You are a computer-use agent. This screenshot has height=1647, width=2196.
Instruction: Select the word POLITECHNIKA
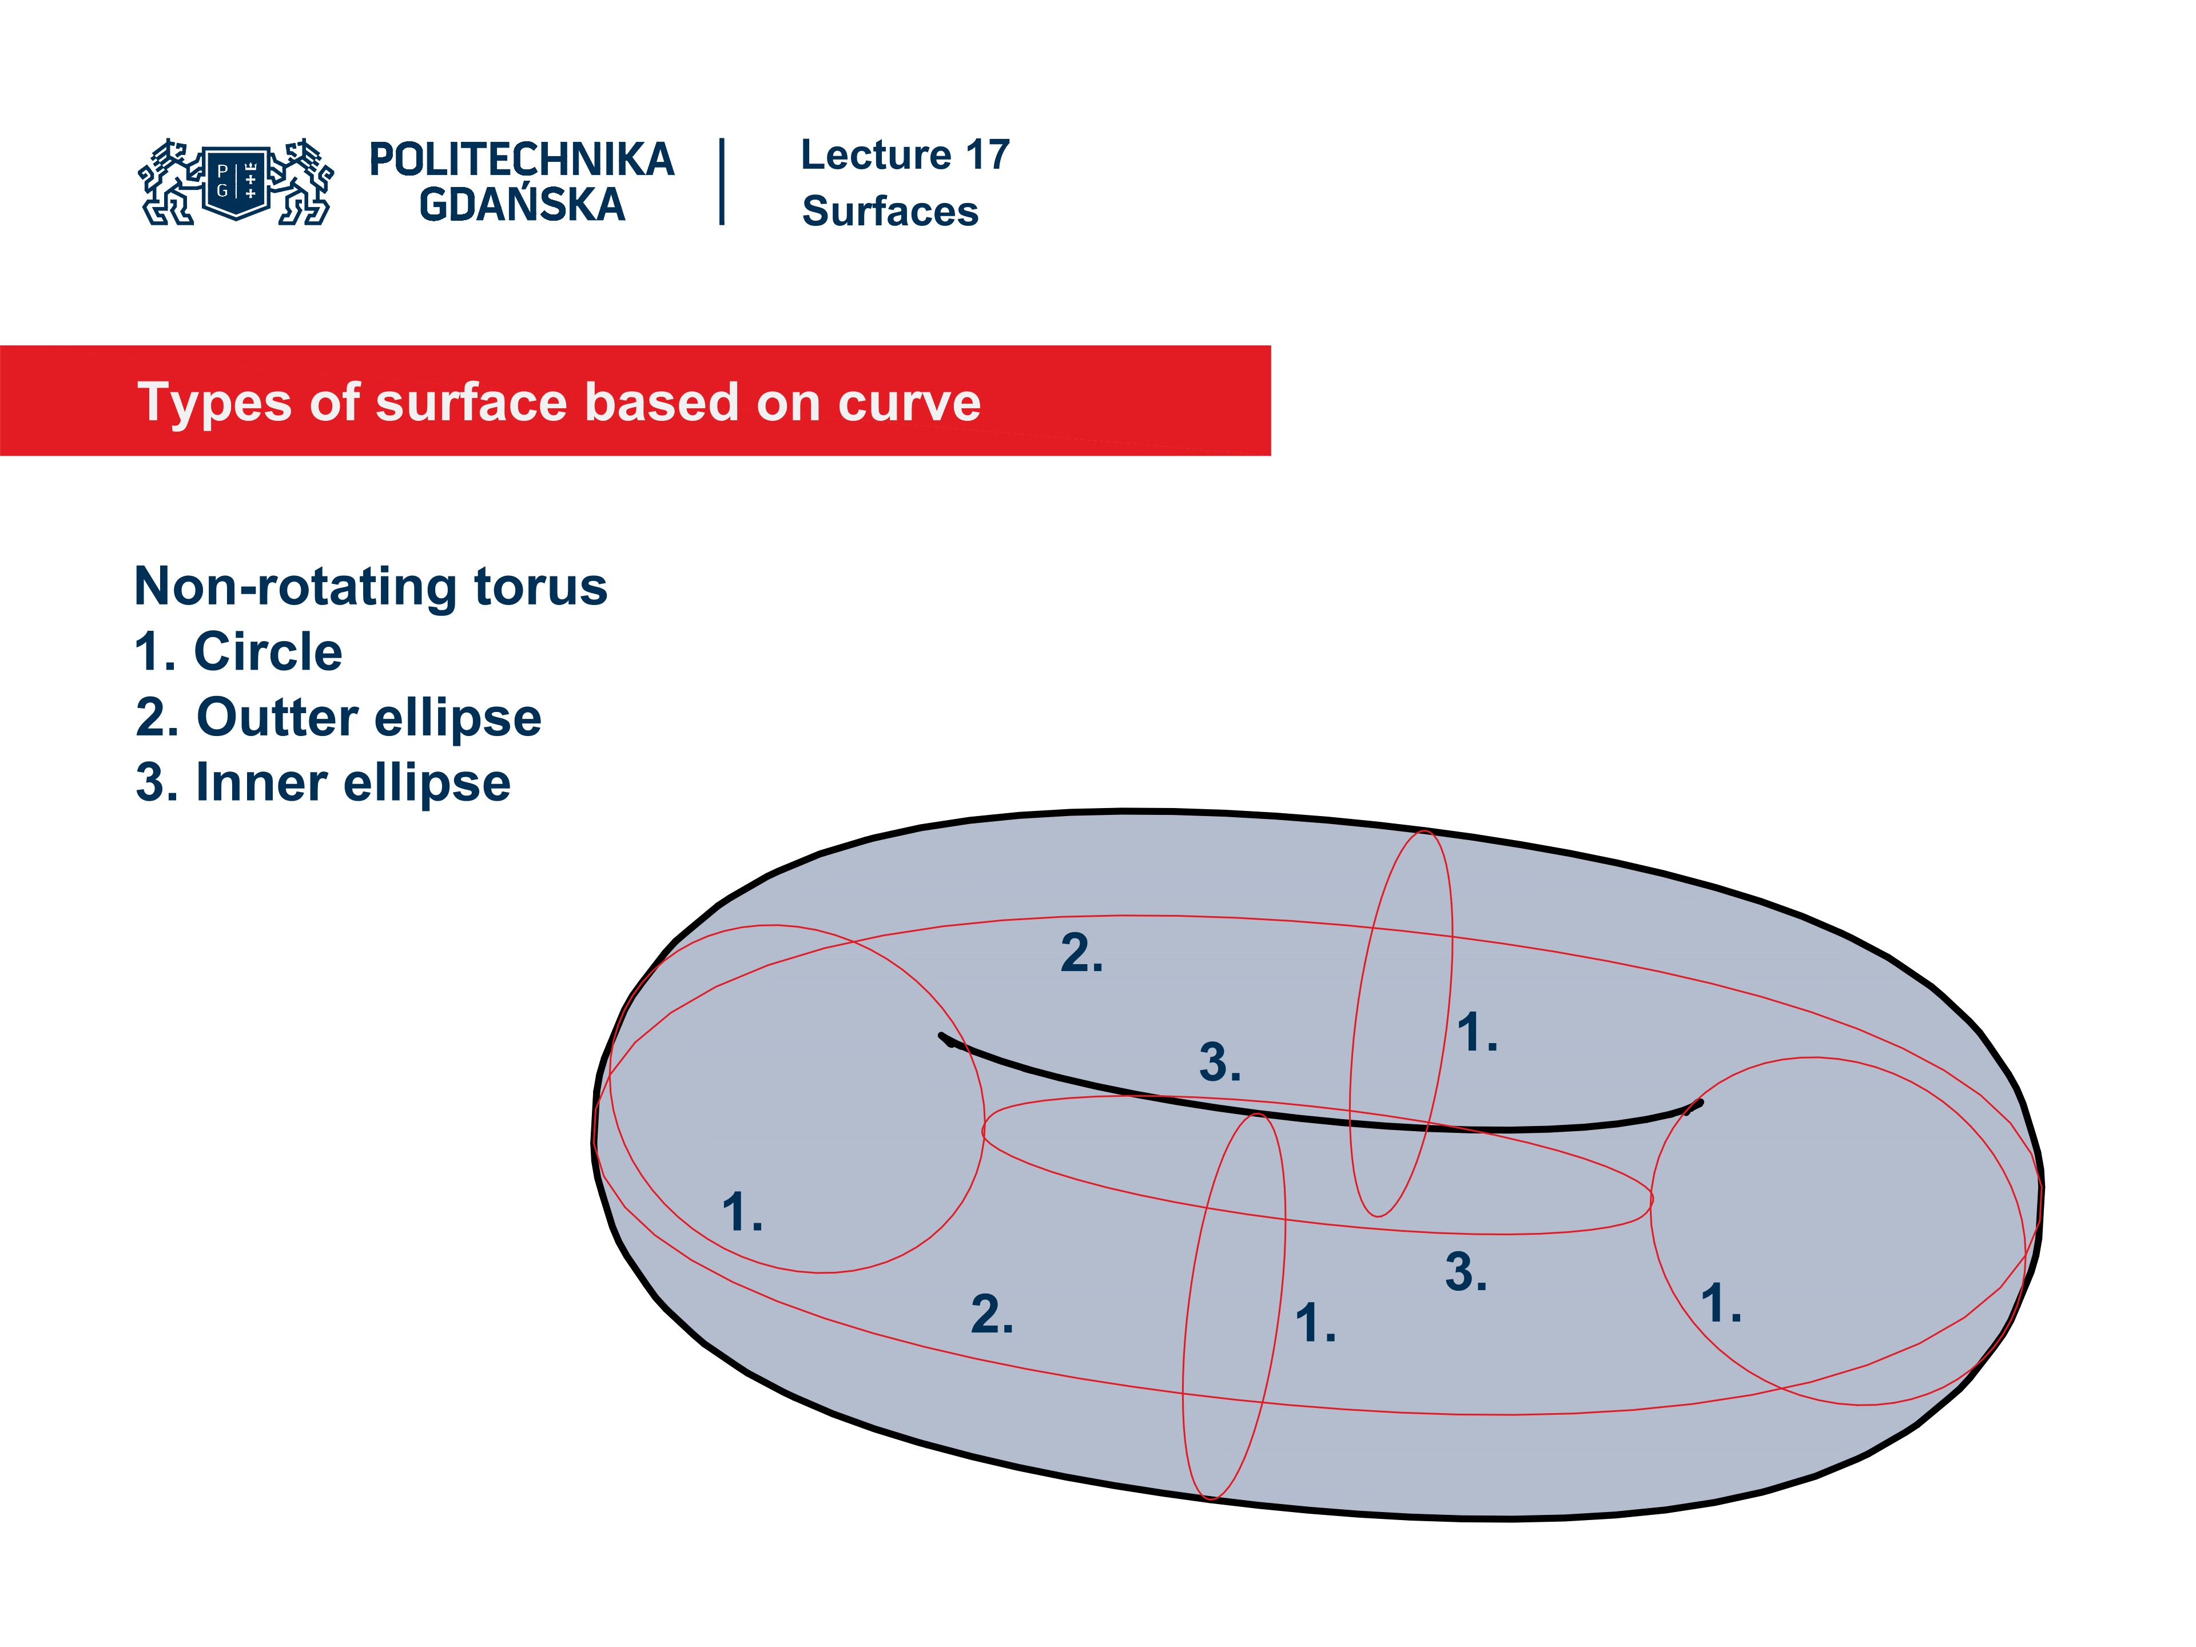click(521, 160)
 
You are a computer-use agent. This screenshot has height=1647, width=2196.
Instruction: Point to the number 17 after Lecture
click(987, 155)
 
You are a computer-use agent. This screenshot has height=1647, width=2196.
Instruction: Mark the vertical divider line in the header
click(722, 182)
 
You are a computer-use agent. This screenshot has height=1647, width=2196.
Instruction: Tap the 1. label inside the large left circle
click(742, 1212)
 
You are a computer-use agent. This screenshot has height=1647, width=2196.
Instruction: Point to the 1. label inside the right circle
click(1720, 1303)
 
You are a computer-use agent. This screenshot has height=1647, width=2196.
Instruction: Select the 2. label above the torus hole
click(1081, 953)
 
